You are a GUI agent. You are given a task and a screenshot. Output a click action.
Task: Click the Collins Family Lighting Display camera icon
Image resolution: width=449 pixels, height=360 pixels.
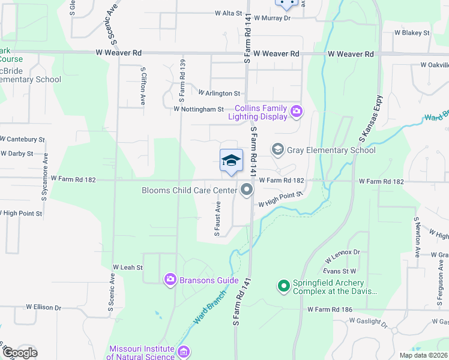[x=296, y=112]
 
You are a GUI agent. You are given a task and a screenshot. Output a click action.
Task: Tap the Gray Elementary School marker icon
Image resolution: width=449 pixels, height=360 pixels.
[x=277, y=149]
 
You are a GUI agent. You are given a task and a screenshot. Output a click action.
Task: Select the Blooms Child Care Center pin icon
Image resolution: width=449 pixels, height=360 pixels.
[x=247, y=190]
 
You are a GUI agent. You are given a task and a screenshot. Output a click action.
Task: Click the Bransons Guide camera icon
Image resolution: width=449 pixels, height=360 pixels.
[x=170, y=279]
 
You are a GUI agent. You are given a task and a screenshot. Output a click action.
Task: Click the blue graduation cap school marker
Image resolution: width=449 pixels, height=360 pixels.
[x=231, y=161]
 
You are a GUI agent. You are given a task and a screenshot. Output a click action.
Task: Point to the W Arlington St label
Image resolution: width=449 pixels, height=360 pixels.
[x=219, y=94]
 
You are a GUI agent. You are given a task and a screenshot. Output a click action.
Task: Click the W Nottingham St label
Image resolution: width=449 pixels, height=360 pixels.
[x=198, y=109]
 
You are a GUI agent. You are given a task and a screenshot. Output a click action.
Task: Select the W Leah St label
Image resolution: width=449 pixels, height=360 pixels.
[x=127, y=267]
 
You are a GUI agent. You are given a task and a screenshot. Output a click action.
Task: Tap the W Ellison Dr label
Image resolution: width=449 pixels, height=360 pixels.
[x=43, y=307]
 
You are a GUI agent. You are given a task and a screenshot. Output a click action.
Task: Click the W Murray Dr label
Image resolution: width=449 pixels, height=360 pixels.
[x=272, y=18]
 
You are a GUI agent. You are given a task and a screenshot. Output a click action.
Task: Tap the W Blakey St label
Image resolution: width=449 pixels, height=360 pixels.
[x=412, y=32]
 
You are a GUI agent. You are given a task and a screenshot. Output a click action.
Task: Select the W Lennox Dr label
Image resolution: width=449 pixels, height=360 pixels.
[x=343, y=256]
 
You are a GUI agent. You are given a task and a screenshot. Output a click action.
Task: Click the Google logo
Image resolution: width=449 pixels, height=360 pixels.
[x=19, y=353]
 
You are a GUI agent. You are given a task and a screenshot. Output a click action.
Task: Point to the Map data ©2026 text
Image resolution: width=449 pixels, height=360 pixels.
[x=423, y=355]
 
